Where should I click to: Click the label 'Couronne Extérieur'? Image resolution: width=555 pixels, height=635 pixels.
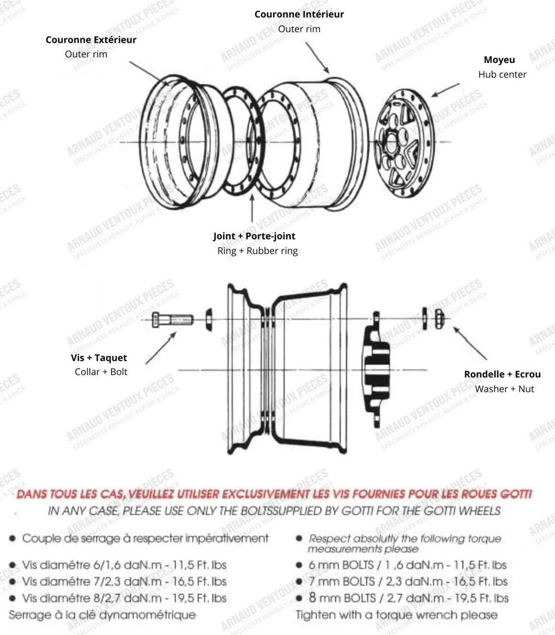[x=91, y=40]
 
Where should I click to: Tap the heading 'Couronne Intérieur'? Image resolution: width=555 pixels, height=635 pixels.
[x=299, y=14]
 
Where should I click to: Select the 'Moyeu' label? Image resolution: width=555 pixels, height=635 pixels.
[x=499, y=60]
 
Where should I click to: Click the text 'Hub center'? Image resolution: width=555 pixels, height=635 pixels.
[x=502, y=75]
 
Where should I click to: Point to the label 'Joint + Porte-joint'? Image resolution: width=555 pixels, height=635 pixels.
[x=254, y=236]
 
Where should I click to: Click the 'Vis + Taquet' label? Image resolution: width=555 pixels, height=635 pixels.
[x=99, y=358]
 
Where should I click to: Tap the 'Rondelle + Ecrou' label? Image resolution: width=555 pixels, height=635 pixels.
[x=502, y=374]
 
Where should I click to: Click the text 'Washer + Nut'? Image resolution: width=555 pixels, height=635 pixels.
[x=504, y=389]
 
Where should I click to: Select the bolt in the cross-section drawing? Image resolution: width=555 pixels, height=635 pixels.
[x=172, y=319]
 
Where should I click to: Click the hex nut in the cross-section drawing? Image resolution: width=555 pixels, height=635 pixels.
[x=439, y=318]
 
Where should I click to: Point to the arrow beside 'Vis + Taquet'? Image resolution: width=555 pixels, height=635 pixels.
[x=160, y=348]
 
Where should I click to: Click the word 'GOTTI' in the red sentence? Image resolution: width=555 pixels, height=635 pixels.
[x=516, y=494]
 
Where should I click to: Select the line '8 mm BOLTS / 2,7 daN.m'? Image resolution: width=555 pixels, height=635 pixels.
[x=408, y=598]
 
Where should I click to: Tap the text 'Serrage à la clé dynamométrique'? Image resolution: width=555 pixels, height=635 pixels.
[x=102, y=615]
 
